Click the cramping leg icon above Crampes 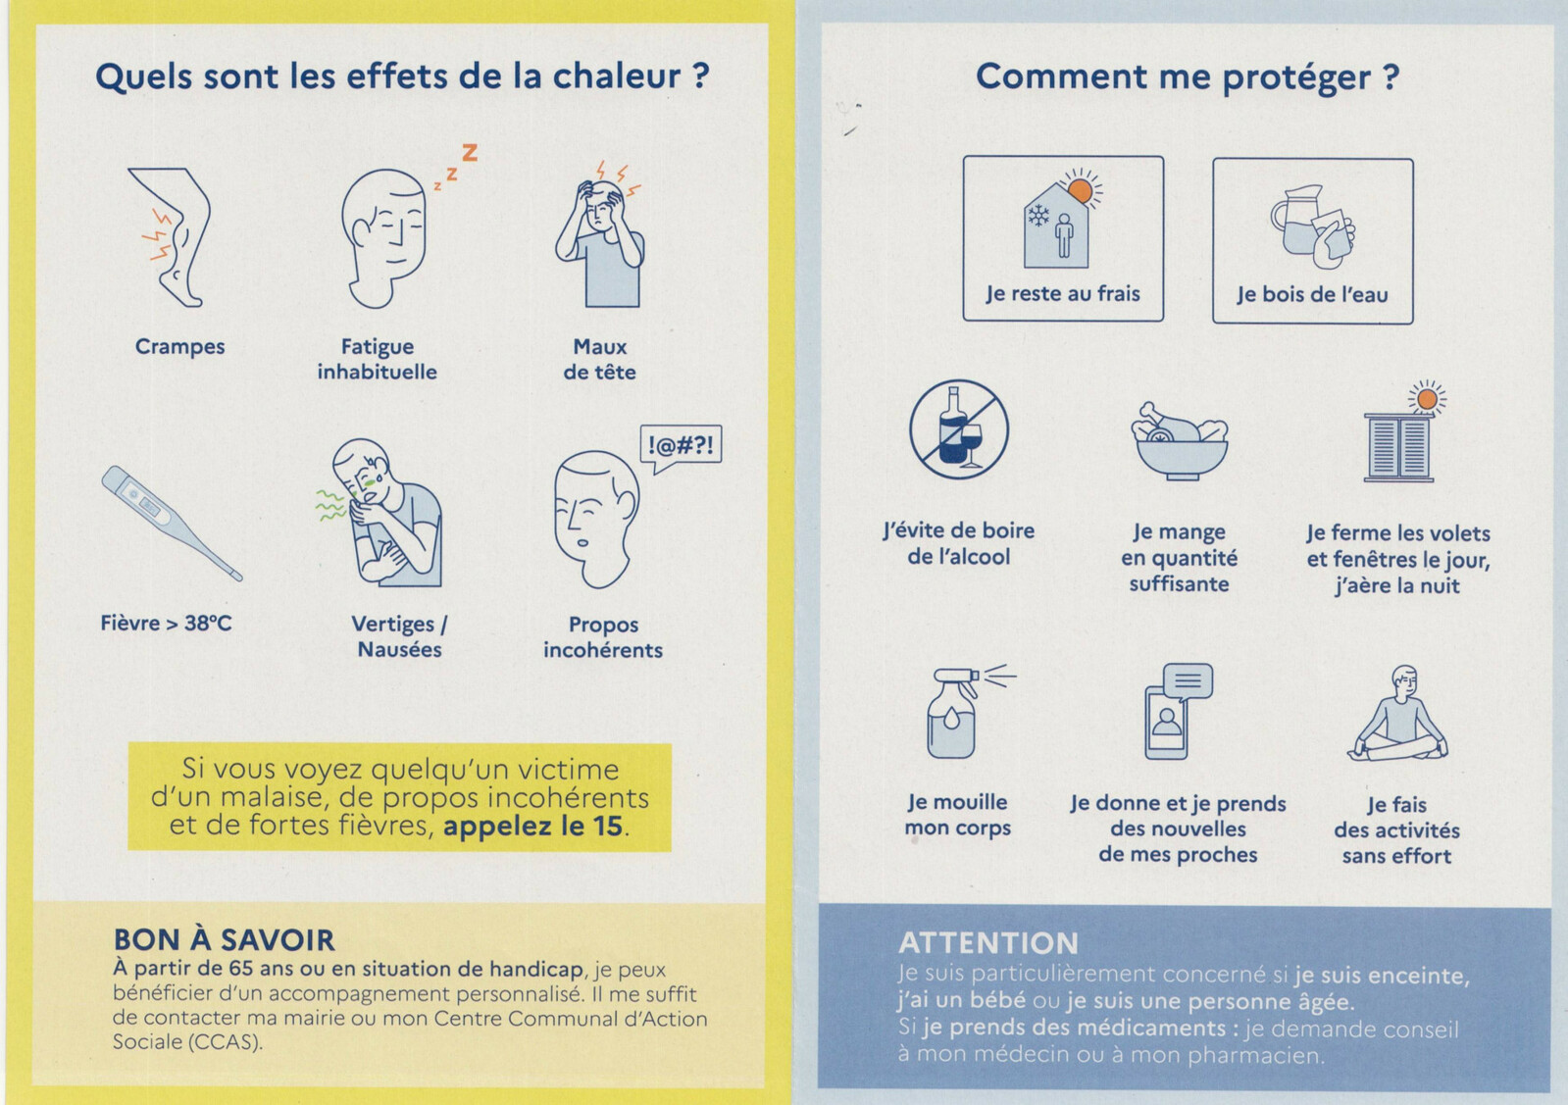172,236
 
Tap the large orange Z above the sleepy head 470,152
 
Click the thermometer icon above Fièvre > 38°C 172,523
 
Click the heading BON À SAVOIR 224,940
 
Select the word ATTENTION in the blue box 988,943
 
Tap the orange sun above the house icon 1080,189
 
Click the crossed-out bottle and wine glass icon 959,429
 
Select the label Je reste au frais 1063,294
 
